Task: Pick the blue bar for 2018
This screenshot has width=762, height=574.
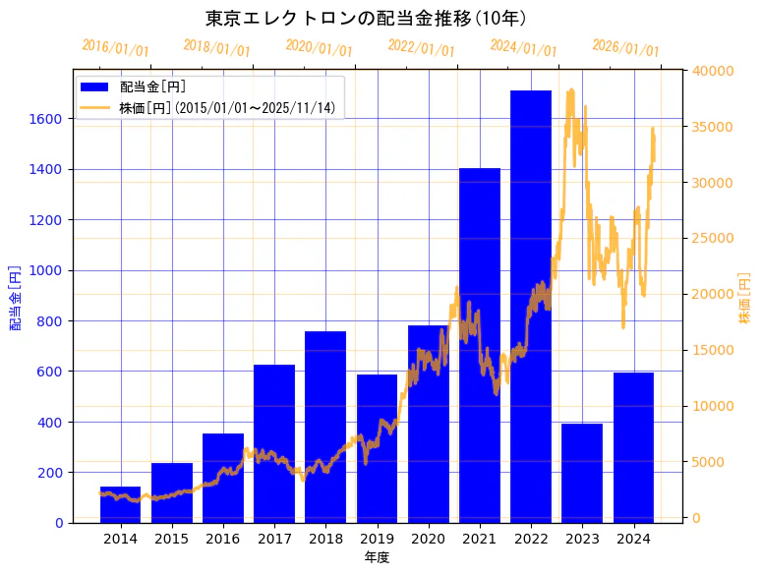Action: [325, 427]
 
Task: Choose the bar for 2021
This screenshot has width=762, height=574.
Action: [480, 345]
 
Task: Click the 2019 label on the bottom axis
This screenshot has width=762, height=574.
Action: [378, 539]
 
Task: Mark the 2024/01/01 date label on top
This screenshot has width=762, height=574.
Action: [523, 48]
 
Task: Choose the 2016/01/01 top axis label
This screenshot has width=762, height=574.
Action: [115, 47]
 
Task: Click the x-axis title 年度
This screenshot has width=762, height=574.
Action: [377, 557]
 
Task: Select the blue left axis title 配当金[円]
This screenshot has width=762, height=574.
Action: [16, 297]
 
